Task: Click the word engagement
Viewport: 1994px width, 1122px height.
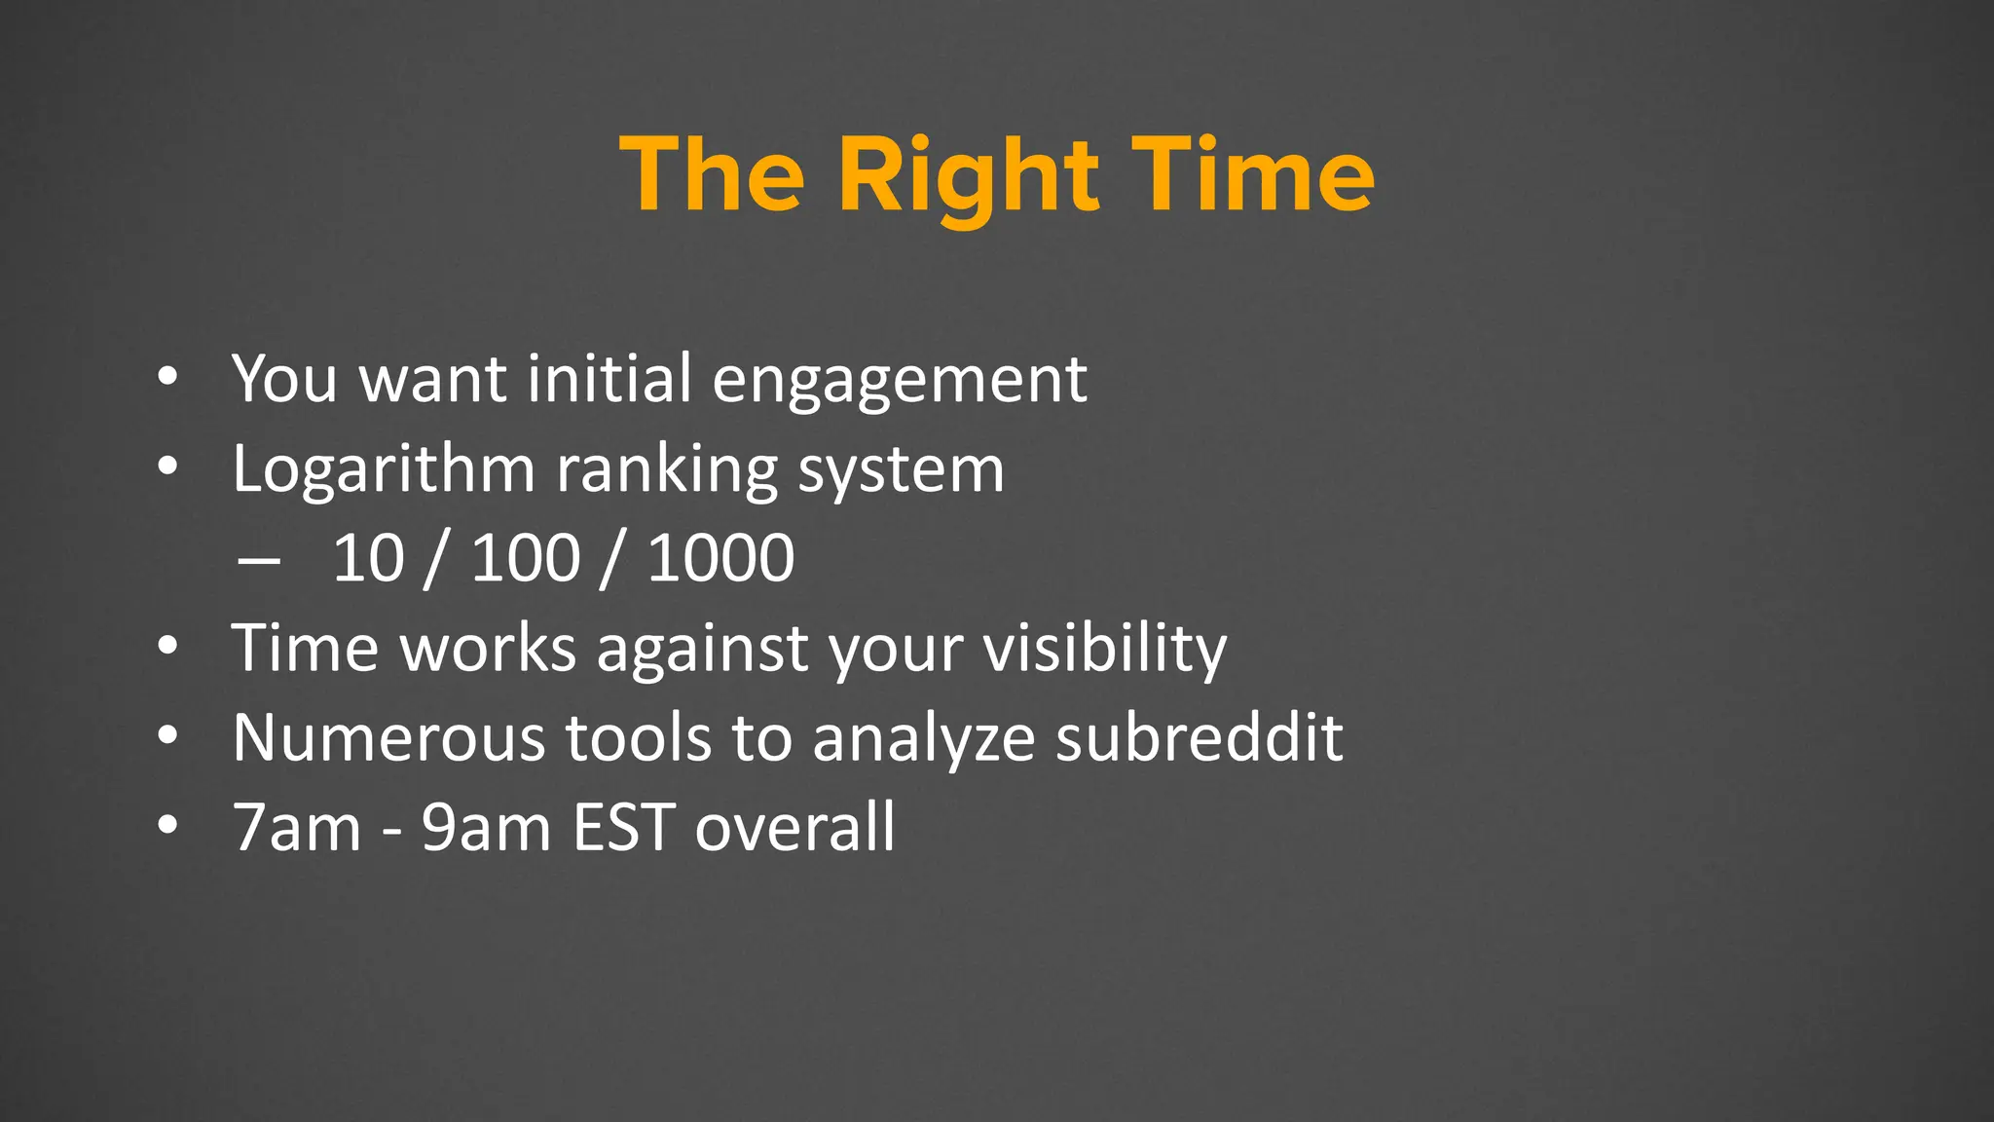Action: [900, 380]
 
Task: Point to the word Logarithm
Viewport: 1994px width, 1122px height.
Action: [384, 470]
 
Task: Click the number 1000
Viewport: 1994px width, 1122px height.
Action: [720, 559]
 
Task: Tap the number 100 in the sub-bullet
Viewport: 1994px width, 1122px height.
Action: [526, 559]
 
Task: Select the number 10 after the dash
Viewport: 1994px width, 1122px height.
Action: [368, 559]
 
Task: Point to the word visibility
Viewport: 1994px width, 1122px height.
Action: [1104, 649]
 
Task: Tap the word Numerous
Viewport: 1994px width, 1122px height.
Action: [388, 737]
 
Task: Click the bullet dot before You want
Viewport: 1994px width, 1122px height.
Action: [167, 378]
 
